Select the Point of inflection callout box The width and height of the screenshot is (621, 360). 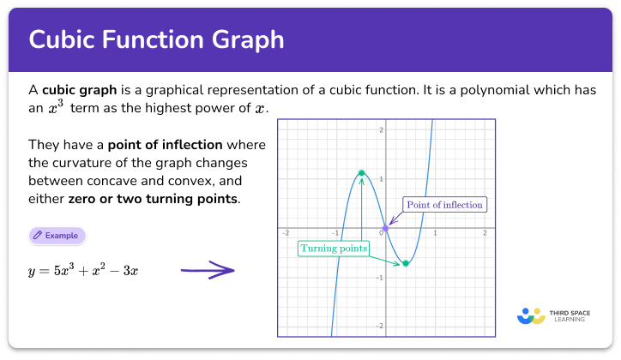point(445,205)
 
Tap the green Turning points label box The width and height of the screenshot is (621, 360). point(334,249)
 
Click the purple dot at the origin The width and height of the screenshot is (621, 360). point(385,228)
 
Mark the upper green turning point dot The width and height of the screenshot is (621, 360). point(361,173)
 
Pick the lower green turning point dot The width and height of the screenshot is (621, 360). point(406,263)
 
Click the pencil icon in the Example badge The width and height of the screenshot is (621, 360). point(38,235)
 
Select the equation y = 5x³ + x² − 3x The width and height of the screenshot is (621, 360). point(83,271)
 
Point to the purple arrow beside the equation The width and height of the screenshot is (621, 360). point(208,271)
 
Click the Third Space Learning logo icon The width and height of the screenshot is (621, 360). point(531,315)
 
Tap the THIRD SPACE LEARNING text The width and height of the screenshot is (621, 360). point(569,315)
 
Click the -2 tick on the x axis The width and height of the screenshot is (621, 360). point(286,233)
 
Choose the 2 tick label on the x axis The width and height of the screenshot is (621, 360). point(485,233)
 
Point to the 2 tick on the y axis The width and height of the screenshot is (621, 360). point(380,129)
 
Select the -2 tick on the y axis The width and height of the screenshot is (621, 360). point(379,327)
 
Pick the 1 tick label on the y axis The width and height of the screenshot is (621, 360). point(380,179)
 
